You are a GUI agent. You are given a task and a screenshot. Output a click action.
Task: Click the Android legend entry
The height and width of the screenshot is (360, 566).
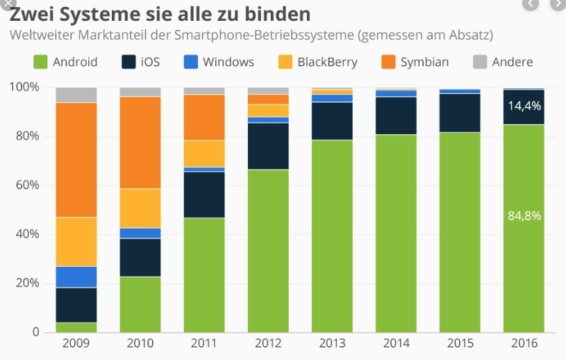[x=66, y=62]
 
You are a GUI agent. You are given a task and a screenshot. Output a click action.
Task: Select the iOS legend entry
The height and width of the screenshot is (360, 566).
[x=140, y=62]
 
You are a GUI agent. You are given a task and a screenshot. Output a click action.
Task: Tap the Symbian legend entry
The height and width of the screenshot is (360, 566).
[x=415, y=62]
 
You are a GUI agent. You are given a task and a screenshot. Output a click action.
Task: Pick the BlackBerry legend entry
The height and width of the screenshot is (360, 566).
[x=317, y=62]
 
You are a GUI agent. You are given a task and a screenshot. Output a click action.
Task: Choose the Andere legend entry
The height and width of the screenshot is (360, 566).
[x=502, y=62]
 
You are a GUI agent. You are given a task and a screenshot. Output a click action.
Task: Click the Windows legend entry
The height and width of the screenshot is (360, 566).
[x=219, y=62]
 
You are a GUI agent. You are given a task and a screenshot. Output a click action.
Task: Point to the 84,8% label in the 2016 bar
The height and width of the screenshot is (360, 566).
[x=524, y=215]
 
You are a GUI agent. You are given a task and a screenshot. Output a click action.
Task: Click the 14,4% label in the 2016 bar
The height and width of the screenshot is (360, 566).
[x=524, y=106]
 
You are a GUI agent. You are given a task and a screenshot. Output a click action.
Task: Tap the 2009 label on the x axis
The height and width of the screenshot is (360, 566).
[x=76, y=343]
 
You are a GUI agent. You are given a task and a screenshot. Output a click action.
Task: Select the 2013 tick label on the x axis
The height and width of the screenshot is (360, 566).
[x=332, y=343]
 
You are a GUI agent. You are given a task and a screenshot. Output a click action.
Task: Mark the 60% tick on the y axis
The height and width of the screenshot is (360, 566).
[x=26, y=185]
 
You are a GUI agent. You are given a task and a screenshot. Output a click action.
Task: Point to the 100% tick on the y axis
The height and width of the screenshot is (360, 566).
[x=24, y=87]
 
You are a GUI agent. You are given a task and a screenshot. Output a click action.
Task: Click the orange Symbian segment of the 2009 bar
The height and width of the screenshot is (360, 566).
[x=76, y=160]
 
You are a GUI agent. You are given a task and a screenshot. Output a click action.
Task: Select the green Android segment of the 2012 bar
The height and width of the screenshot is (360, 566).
[x=268, y=250]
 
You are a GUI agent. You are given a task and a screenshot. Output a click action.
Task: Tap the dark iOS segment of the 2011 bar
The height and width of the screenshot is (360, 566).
[x=204, y=195]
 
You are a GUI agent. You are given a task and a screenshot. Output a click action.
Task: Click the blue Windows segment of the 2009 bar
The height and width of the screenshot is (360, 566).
[x=76, y=277]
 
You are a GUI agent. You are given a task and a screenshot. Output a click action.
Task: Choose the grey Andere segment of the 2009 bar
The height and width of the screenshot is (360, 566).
[x=76, y=95]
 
